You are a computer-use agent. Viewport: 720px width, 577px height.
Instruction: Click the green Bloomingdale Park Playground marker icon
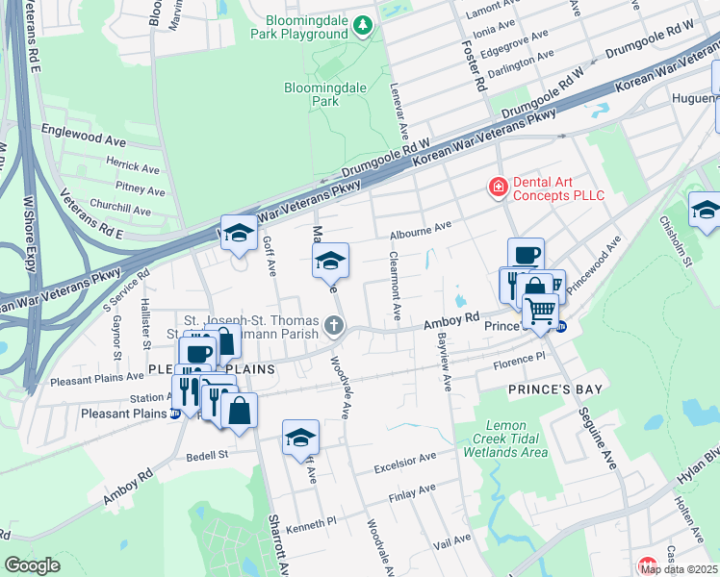[x=363, y=23]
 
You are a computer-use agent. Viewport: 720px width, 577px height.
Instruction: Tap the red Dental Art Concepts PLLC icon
[x=499, y=187]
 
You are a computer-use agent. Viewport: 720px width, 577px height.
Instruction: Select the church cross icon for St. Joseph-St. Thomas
[x=334, y=325]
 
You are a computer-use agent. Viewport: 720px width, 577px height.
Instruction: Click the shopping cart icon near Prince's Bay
[x=541, y=311]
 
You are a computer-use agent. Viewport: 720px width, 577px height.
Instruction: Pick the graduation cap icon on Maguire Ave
[x=330, y=260]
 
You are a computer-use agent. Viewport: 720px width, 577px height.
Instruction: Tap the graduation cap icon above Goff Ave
[x=239, y=232]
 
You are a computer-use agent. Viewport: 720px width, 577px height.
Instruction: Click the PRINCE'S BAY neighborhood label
[x=554, y=389]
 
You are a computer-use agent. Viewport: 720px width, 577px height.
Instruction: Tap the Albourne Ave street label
[x=421, y=231]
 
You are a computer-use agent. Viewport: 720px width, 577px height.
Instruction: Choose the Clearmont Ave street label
[x=394, y=287]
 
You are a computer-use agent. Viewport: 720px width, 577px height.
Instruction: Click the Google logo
[x=32, y=565]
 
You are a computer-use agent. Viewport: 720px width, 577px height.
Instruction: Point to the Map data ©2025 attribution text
[x=680, y=569]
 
